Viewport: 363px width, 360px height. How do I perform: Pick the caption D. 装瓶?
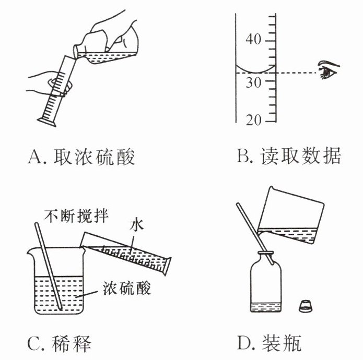(270, 344)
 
